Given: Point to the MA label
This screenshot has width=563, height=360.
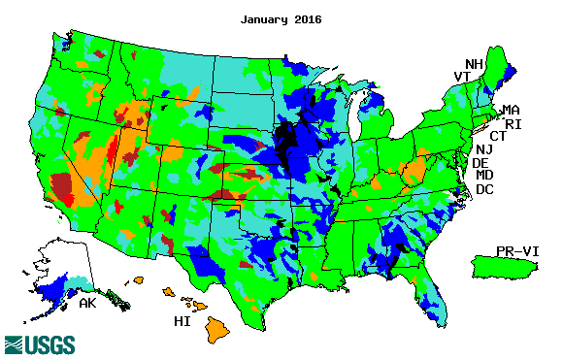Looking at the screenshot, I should (x=511, y=110).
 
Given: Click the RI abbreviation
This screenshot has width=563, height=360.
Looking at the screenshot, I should (x=512, y=123).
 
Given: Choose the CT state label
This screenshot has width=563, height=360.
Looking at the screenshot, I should (x=497, y=136).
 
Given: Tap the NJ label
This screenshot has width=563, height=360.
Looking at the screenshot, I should (x=483, y=149).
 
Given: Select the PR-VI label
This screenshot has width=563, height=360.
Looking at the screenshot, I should (x=515, y=251).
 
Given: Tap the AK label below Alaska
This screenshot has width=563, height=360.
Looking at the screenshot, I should (x=87, y=305).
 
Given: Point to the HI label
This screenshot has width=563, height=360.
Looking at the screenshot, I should (x=182, y=320).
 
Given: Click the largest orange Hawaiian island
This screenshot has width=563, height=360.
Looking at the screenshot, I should (x=219, y=332).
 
